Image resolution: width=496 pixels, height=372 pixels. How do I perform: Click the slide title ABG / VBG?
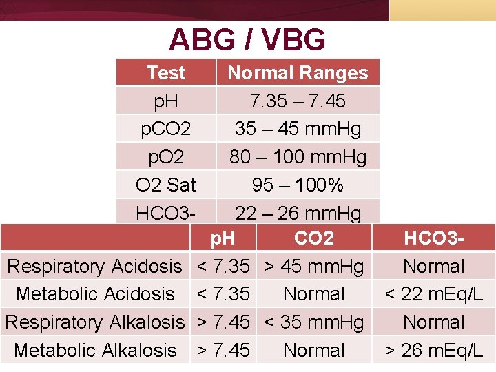pos(247,41)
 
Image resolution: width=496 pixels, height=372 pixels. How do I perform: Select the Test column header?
pos(166,72)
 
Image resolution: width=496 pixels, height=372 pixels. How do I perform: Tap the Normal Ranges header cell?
pos(298,72)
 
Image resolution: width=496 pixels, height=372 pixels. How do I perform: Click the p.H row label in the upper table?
pos(166,101)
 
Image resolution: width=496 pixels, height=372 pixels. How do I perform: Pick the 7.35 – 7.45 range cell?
pos(298,101)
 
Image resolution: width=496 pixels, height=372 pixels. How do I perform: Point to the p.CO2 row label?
pos(166,129)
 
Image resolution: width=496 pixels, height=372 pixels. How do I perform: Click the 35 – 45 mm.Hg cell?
pos(298,129)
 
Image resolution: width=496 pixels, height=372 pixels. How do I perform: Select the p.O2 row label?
pos(166,157)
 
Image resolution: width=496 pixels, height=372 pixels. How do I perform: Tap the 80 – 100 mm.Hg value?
pos(298,157)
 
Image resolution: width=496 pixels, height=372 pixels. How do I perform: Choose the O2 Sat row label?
pos(166,185)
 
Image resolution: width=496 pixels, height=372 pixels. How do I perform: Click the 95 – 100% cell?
pos(298,185)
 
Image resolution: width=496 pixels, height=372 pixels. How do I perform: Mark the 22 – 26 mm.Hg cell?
pos(298,213)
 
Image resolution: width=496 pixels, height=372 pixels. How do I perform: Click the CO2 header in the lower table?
pos(313,238)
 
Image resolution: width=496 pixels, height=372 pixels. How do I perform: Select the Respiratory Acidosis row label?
pos(94,266)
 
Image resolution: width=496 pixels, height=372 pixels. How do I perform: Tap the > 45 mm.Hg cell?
pos(313,266)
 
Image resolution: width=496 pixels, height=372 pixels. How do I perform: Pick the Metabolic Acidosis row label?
pos(94,294)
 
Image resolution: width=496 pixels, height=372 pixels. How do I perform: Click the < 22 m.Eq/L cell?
pos(434,294)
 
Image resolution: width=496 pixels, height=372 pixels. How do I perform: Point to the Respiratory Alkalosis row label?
pos(94,322)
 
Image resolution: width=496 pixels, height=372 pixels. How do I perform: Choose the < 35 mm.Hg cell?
pos(313,322)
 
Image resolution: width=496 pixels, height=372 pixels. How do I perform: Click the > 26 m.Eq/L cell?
pos(434,350)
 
